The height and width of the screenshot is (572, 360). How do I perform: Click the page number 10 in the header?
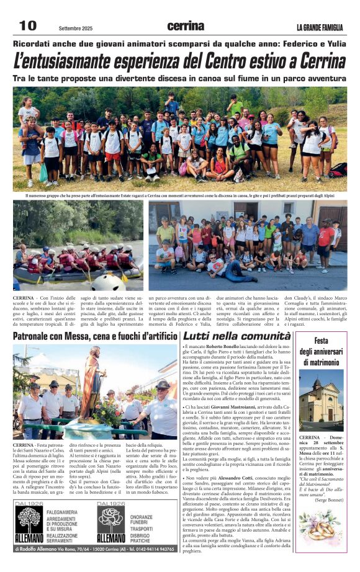[28, 25]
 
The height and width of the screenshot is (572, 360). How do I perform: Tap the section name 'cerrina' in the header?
[186, 26]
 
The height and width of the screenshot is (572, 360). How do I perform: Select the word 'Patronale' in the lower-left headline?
[35, 336]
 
